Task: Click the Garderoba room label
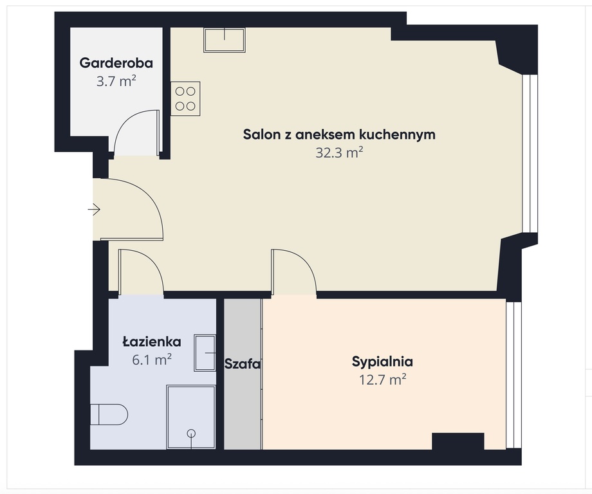[116, 62]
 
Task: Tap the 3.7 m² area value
[116, 81]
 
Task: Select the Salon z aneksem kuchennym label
[339, 134]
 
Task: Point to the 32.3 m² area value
[339, 153]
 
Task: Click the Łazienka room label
[152, 342]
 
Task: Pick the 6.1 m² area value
[152, 360]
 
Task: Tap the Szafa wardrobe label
[243, 364]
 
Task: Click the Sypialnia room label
[382, 361]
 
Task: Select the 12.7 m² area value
[382, 380]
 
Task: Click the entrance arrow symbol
[94, 209]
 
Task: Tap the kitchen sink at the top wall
[225, 40]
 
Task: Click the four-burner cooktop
[185, 99]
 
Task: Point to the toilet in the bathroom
[109, 415]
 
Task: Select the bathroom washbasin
[205, 353]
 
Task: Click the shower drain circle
[191, 434]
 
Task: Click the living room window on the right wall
[530, 154]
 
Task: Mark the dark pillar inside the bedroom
[458, 441]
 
